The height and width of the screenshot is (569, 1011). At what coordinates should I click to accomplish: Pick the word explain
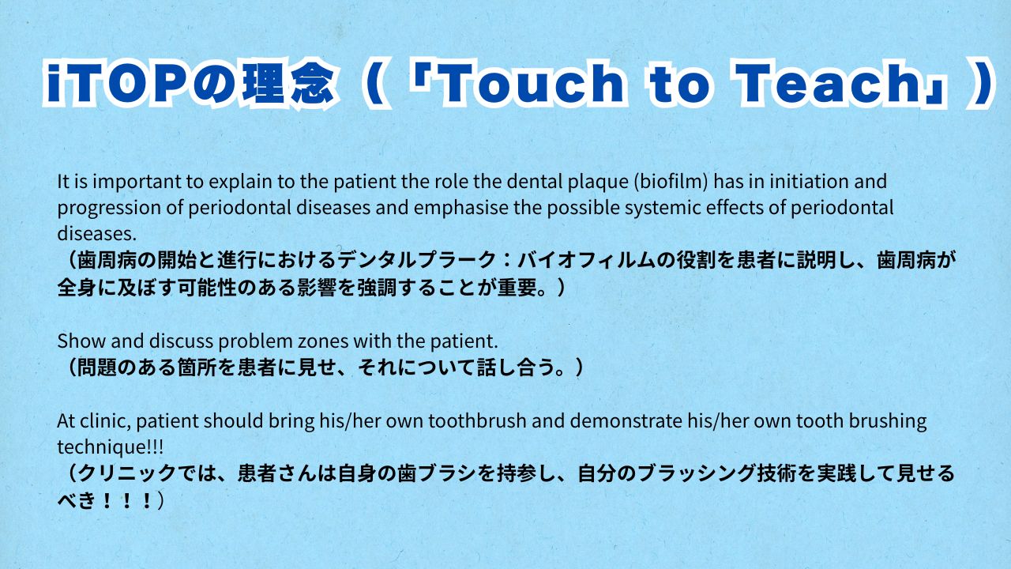tap(241, 183)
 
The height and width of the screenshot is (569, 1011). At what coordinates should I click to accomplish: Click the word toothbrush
tap(477, 421)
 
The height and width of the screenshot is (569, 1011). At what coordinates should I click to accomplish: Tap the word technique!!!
tap(111, 448)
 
